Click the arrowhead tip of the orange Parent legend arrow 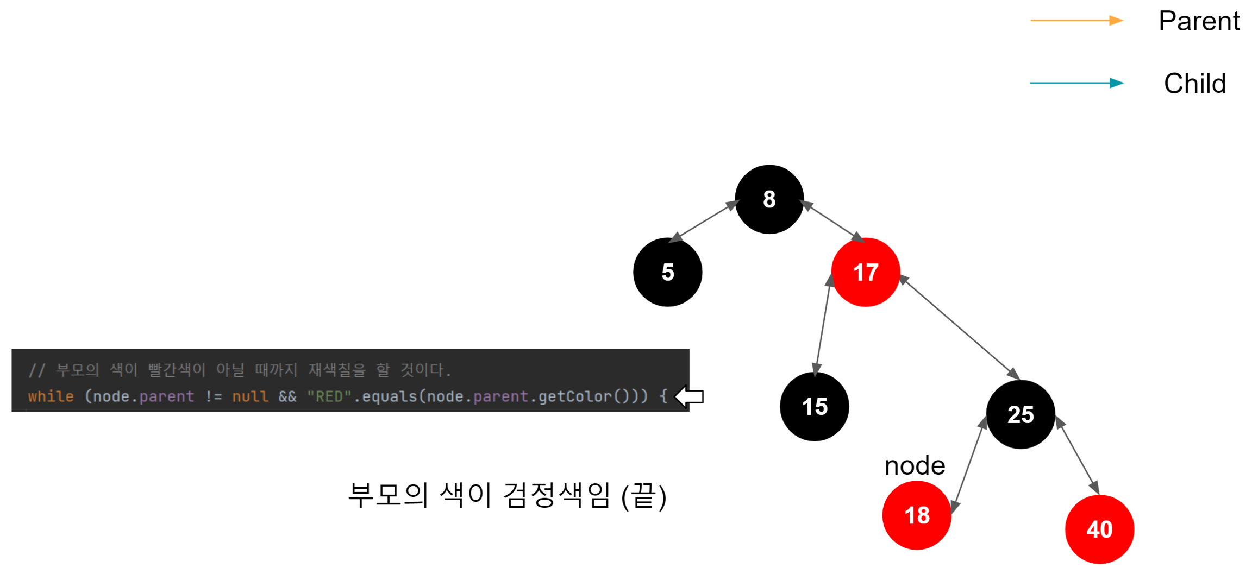coord(1123,21)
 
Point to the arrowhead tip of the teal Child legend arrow coord(1123,83)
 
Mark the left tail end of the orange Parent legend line coord(1031,21)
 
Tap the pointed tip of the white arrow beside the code coord(675,396)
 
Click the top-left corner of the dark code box coord(12,350)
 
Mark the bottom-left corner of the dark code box coord(12,411)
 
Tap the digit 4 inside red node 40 coord(1093,529)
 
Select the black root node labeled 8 coord(769,199)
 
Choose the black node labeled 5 coord(668,272)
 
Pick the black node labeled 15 coord(815,407)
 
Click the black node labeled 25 coord(1021,414)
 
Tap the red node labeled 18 coord(917,515)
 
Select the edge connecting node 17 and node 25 coord(959,327)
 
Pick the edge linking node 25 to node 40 coord(1078,456)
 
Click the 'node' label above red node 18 coord(915,466)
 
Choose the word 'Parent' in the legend coord(1199,22)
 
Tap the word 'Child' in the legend coord(1195,84)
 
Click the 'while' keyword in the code coord(51,396)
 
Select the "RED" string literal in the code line coord(329,396)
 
